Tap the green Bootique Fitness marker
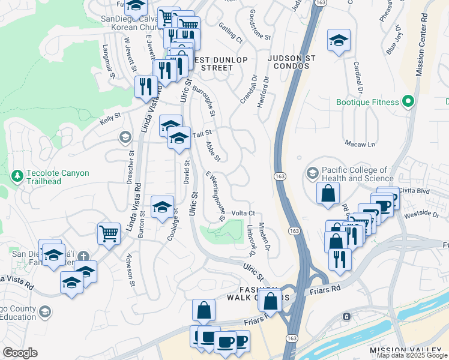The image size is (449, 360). (409, 102)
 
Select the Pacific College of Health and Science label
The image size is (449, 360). (358, 174)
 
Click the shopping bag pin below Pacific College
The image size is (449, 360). (328, 194)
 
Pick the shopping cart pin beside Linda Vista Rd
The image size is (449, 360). (108, 233)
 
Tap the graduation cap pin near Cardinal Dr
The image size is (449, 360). (339, 41)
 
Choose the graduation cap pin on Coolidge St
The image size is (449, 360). (161, 208)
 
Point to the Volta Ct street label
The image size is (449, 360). (243, 213)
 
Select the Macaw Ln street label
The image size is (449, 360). (360, 144)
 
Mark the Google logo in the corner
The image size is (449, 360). (20, 353)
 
